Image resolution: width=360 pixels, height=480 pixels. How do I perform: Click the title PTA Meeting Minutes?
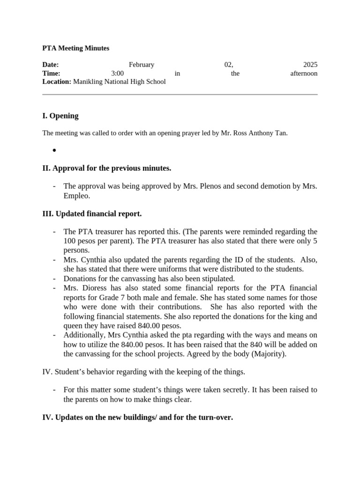point(75,48)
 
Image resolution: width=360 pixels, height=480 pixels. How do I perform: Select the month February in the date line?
point(141,65)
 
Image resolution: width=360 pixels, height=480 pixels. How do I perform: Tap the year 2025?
point(310,65)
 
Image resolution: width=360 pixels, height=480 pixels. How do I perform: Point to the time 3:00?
point(118,73)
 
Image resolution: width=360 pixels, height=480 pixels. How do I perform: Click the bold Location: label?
point(57,82)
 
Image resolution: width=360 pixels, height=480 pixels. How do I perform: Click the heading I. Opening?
point(60,116)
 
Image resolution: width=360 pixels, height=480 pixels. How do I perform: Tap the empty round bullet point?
point(54,150)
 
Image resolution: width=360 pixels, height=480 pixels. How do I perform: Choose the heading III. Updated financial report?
point(92,214)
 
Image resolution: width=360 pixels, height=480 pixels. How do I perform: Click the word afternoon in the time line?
point(304,73)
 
